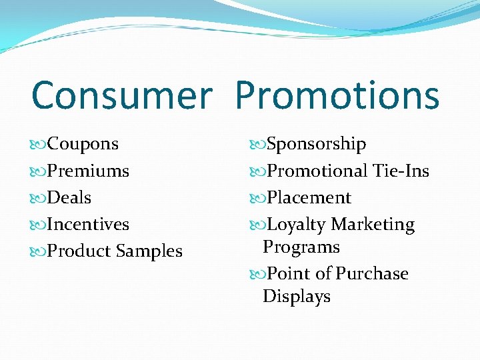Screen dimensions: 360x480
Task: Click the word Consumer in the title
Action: coord(121,95)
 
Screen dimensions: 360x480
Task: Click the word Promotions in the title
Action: coord(337,95)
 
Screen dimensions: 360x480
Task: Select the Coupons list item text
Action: coord(83,144)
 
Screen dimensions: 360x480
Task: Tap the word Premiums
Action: coord(89,171)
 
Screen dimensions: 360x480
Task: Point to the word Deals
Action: coord(69,198)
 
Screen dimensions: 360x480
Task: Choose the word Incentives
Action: coord(89,225)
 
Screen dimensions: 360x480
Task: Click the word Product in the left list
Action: coord(80,251)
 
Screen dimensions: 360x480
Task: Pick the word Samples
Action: coord(149,251)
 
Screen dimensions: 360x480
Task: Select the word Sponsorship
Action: coord(316,144)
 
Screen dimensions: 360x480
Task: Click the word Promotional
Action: coord(317,171)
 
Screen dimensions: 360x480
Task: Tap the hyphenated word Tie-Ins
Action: coord(401,171)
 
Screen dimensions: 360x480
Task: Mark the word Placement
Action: coord(309,198)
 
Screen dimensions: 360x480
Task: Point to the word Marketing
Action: coord(373,225)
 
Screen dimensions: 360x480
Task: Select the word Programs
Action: coord(301,247)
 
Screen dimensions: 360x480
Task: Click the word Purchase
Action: coord(372,274)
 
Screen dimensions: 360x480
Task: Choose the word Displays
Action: coord(297,297)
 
